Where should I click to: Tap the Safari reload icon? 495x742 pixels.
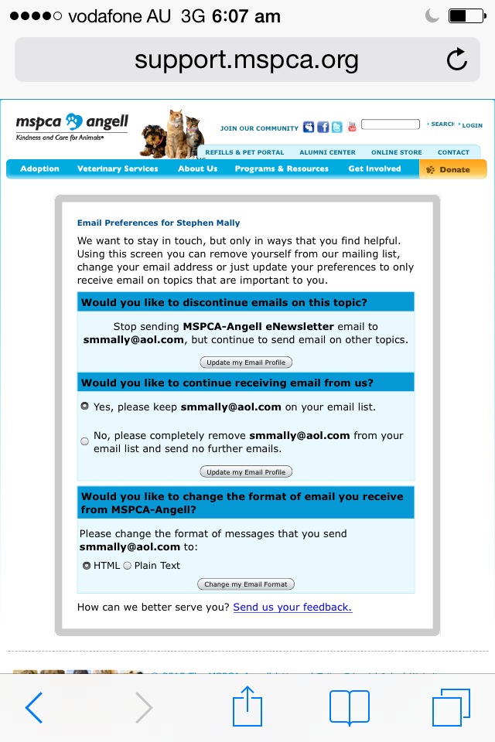(x=457, y=60)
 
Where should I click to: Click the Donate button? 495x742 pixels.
(x=453, y=169)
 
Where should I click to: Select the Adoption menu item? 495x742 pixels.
(x=39, y=168)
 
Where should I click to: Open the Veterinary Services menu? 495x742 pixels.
(x=118, y=168)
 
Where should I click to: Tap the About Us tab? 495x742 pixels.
(x=197, y=168)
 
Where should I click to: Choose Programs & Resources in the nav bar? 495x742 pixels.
(x=282, y=168)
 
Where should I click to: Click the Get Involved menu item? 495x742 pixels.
(x=374, y=168)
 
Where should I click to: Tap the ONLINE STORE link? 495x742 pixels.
(x=396, y=152)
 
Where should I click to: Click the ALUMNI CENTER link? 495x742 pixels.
(x=327, y=152)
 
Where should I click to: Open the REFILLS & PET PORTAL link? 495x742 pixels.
(x=244, y=152)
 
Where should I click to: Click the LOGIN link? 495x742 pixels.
(x=472, y=125)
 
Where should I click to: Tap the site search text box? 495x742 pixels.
(x=390, y=124)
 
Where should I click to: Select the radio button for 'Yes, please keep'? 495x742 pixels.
(x=85, y=406)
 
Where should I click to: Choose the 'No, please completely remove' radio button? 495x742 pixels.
(x=85, y=441)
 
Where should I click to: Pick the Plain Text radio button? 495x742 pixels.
(x=128, y=566)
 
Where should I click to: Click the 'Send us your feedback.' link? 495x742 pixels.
(x=292, y=608)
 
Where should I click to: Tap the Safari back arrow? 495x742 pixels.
(x=34, y=708)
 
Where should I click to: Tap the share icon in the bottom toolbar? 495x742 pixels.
(x=247, y=706)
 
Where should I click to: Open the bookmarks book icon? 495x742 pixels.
(x=350, y=708)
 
